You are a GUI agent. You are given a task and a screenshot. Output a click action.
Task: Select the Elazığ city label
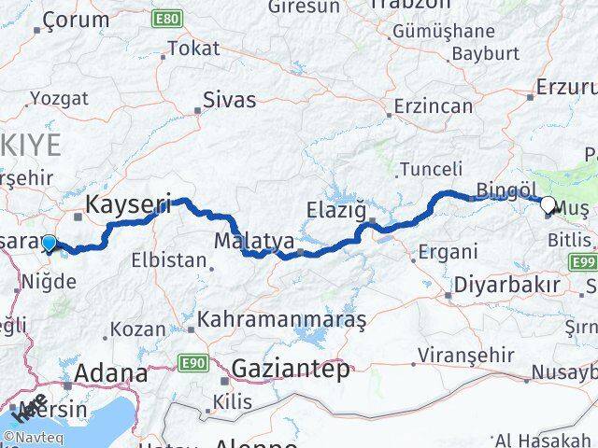(337, 211)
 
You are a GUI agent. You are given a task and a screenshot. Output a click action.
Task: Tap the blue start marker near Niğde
(49, 244)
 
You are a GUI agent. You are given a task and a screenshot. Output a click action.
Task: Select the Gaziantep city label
(290, 368)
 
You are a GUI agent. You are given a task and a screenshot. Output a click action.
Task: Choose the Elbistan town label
(167, 260)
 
